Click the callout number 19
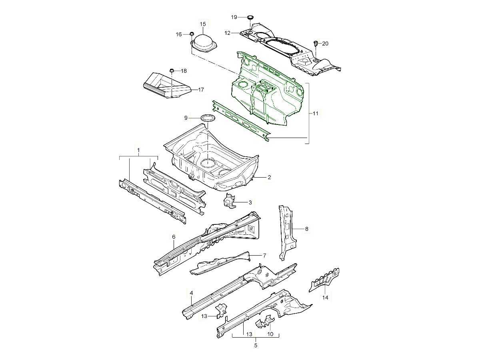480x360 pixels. point(234,17)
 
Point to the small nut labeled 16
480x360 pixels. point(192,34)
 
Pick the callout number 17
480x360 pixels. point(201,90)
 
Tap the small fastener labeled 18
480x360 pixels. point(172,71)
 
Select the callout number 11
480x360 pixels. point(315,114)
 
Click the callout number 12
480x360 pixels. point(228,33)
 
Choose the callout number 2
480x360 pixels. point(269,177)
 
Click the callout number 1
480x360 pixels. point(138,151)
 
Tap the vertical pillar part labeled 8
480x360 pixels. point(286,232)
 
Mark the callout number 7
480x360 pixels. point(264,255)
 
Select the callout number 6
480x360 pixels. point(174,237)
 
